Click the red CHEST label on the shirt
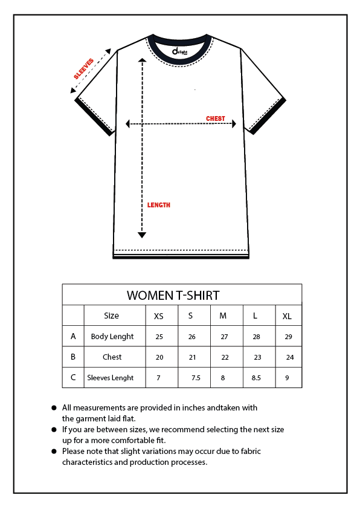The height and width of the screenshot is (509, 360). pos(216,118)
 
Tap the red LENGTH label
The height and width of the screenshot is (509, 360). pos(159,205)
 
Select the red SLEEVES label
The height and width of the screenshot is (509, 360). pos(84,69)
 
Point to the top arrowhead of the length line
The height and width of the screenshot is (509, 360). pos(142,60)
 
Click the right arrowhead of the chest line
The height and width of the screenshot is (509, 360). pos(234,123)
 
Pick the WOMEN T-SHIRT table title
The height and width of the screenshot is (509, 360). pos(173,296)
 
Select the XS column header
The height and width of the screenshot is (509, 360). pos(158,316)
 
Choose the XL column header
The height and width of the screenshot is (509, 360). pos(287,316)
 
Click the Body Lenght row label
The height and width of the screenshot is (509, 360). pos(112,336)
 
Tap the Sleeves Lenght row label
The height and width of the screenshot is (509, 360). pos(111,378)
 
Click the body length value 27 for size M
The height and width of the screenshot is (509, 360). pos(225,337)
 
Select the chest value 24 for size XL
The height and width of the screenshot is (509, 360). pos(290,357)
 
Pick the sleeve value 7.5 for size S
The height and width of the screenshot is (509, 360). pos(196,378)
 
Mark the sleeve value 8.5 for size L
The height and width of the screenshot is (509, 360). pos(256,378)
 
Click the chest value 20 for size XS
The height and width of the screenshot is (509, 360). pos(159,357)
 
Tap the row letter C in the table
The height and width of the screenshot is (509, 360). pos(73,377)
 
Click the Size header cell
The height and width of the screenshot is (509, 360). pos(112,316)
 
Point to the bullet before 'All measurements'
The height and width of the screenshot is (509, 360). pos(54,408)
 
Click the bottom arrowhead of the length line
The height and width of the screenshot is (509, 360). pos(142,235)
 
